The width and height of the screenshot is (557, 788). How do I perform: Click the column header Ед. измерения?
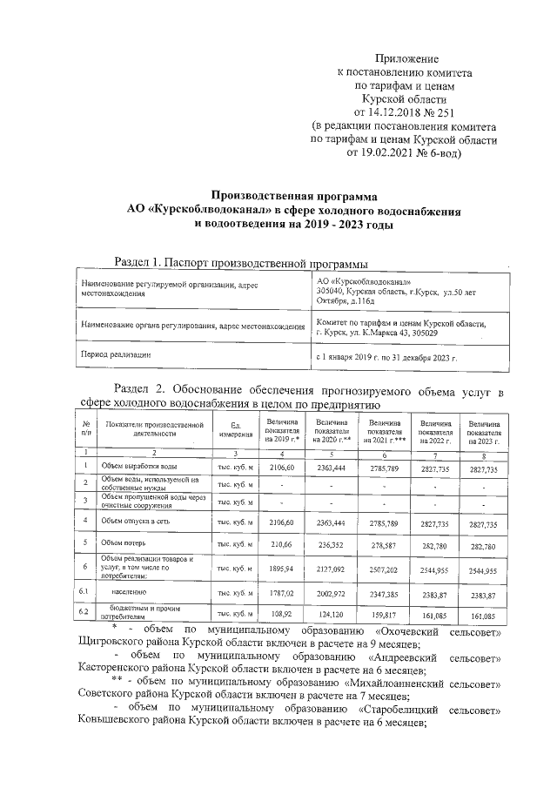pyautogui.click(x=235, y=428)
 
